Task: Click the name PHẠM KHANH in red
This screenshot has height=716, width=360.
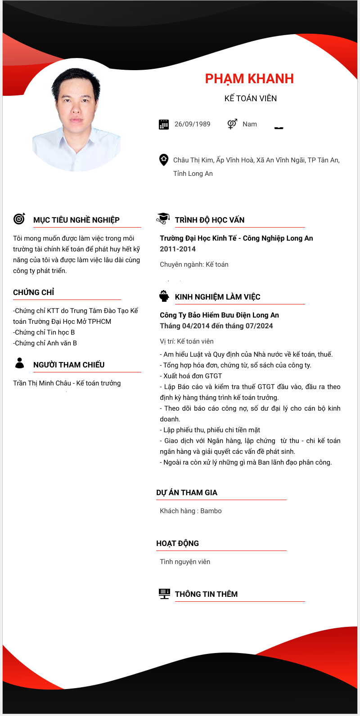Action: tap(249, 79)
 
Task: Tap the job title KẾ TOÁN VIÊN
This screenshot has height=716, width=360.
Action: tap(251, 98)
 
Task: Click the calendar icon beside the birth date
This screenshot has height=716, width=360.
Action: tap(164, 125)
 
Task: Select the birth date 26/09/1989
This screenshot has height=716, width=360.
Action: tap(192, 124)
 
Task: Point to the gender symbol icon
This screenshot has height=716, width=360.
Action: tap(232, 124)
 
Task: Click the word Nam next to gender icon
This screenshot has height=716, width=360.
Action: tap(250, 124)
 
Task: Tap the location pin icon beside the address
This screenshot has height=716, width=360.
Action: tap(164, 160)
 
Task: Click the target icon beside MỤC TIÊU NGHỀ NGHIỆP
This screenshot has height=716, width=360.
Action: tap(19, 219)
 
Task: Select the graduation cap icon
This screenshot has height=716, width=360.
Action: tap(163, 219)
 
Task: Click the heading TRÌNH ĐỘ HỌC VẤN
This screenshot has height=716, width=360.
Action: tap(210, 220)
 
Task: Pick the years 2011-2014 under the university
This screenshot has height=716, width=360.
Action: tap(178, 249)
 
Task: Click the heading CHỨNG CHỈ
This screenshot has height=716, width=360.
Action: tap(34, 292)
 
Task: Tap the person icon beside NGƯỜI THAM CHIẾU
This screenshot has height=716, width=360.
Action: tap(19, 363)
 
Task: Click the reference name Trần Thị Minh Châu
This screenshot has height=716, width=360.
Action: tap(42, 383)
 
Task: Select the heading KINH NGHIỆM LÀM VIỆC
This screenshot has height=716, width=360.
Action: tap(217, 297)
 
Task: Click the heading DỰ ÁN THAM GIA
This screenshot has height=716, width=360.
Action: tap(187, 492)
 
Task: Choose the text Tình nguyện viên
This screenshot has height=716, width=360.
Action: tap(185, 562)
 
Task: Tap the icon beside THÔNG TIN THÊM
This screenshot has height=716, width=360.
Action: tap(164, 594)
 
